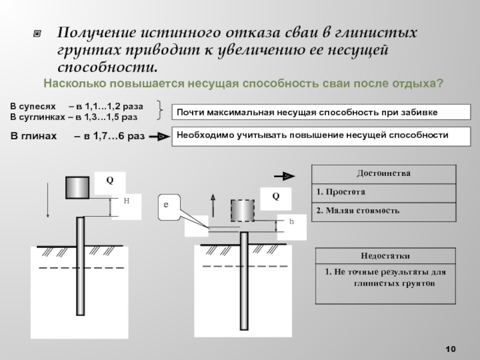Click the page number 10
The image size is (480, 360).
(x=451, y=349)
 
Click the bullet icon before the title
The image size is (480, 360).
(x=37, y=33)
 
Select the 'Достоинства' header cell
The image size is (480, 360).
(x=383, y=174)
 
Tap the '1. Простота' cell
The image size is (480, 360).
(x=383, y=193)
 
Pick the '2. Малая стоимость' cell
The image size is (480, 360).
(x=383, y=212)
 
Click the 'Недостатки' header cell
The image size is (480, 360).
(x=385, y=256)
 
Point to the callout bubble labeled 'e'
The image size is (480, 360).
(x=169, y=207)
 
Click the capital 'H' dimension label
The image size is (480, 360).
(x=127, y=201)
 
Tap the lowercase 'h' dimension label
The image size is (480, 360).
(x=292, y=221)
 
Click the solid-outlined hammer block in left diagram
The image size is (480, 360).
(x=77, y=188)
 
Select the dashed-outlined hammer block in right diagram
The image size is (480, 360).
(x=242, y=211)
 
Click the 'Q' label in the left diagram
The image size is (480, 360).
(x=110, y=180)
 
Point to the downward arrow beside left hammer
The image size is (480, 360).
(x=47, y=200)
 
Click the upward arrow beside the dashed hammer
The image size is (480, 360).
(x=213, y=205)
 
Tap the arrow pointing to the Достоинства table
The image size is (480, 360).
(x=284, y=176)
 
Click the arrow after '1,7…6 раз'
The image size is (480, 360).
(x=159, y=137)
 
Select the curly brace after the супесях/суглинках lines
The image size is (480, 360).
(x=160, y=110)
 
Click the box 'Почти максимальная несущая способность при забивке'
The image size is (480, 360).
(x=321, y=112)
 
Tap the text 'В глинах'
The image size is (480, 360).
(x=34, y=136)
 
